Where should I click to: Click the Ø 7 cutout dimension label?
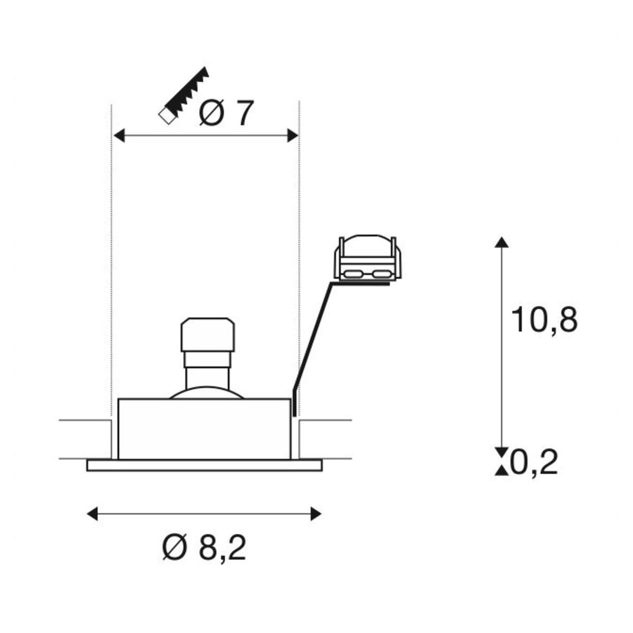pyautogui.click(x=227, y=113)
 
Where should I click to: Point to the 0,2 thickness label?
pyautogui.click(x=533, y=462)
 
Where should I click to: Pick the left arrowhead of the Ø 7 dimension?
pyautogui.click(x=119, y=136)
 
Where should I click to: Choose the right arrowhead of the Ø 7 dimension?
pyautogui.click(x=292, y=136)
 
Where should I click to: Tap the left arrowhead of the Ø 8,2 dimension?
pyautogui.click(x=93, y=514)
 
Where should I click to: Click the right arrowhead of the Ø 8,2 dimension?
pyautogui.click(x=315, y=514)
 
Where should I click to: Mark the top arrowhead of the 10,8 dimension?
pyautogui.click(x=502, y=242)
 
